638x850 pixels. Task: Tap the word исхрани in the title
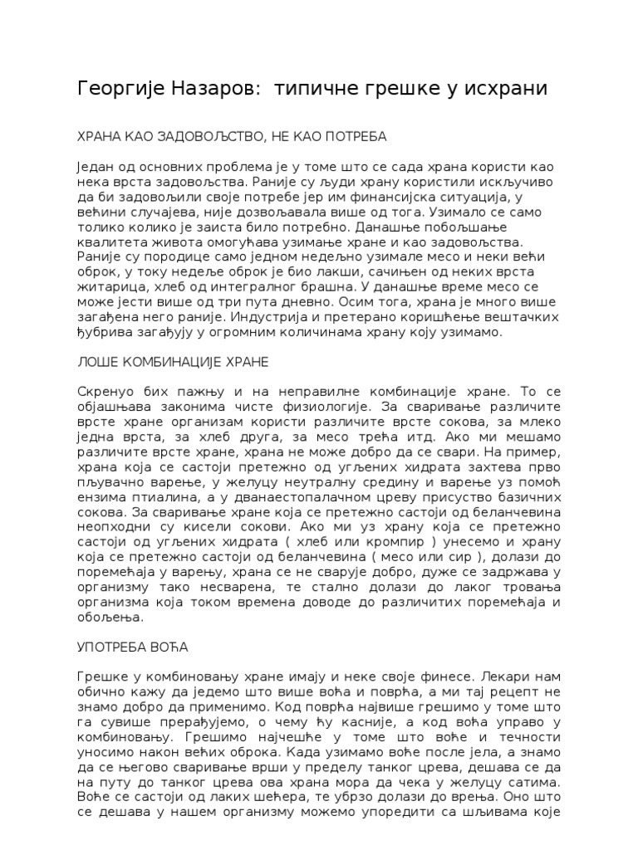click(508, 88)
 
